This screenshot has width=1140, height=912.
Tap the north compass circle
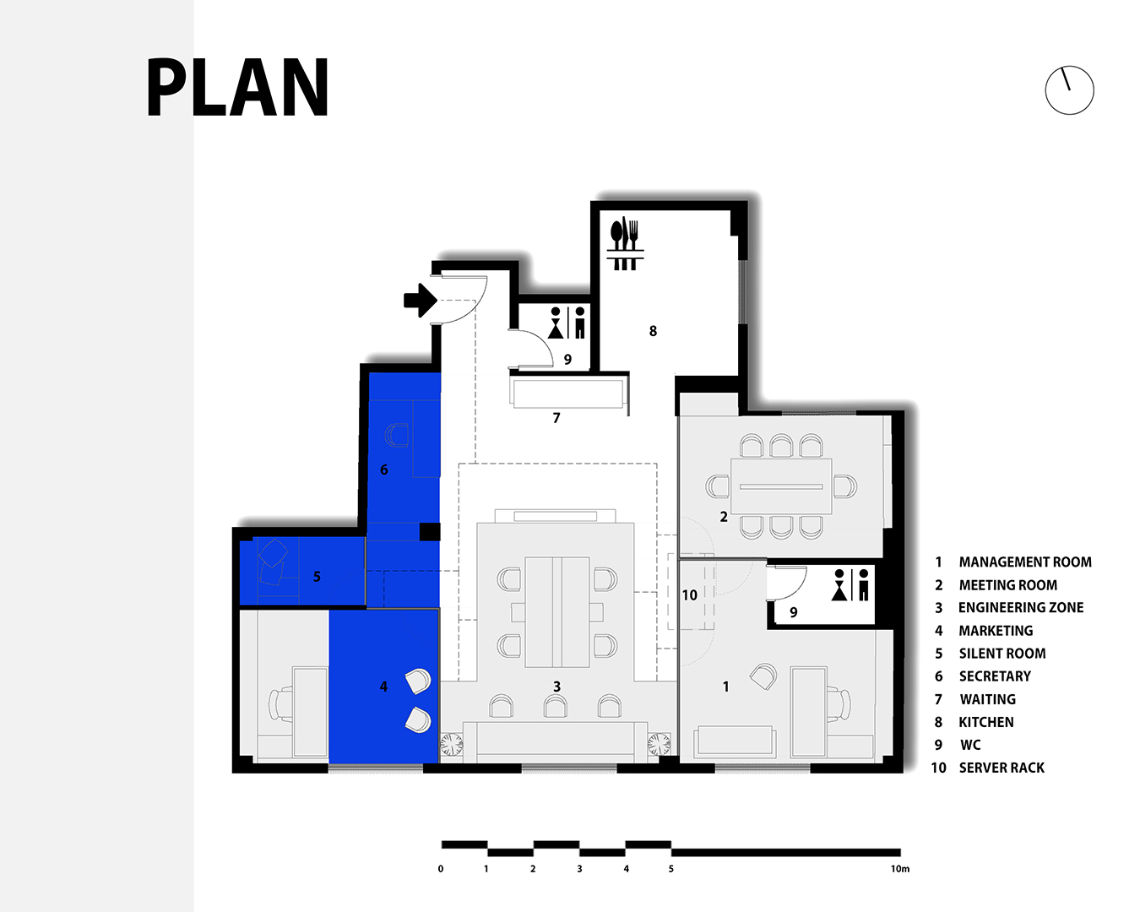pos(1070,66)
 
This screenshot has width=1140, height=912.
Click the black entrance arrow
pos(420,301)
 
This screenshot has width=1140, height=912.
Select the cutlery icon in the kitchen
pos(625,243)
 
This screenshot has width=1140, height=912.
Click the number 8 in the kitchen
pos(653,331)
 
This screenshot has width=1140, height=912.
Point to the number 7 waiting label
pos(556,418)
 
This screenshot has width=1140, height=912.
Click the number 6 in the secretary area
pos(384,470)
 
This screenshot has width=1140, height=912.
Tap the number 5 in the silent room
pos(317,577)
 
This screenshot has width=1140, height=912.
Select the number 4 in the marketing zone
pos(383,687)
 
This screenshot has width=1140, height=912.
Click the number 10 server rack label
pos(689,595)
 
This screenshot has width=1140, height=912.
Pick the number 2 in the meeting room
pos(724,517)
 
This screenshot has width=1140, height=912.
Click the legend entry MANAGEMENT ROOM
pos(1025,562)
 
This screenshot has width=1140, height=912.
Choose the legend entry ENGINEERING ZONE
pos(1021,607)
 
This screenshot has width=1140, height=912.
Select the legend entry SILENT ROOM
pos(1002,654)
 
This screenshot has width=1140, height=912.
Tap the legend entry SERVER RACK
pos(1002,768)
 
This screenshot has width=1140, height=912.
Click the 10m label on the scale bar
pos(900,869)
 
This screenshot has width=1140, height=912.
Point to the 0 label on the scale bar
pos(441,869)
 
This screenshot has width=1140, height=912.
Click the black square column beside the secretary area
pos(430,531)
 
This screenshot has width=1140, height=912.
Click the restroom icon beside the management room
pos(850,584)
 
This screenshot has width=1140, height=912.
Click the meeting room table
pos(781,486)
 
